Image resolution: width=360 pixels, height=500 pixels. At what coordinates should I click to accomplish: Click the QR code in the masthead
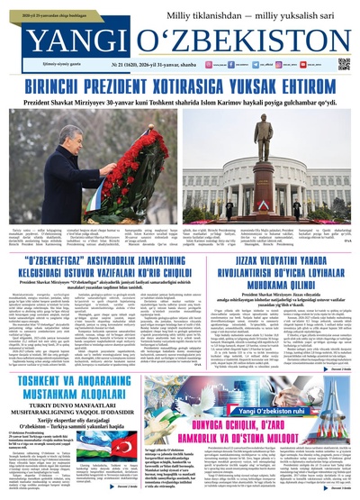(343, 65)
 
